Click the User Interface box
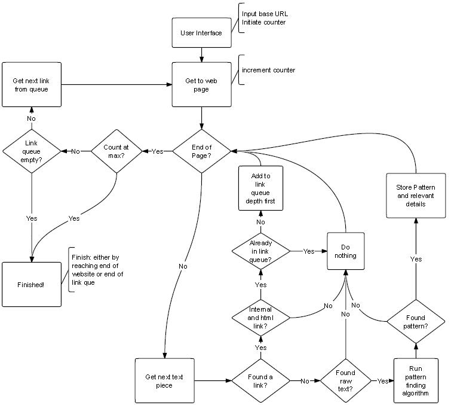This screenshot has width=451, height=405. point(201,32)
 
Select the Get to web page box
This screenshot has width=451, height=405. point(201,86)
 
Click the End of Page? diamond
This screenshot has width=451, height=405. point(201,151)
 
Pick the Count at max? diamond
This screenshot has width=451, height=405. point(116,151)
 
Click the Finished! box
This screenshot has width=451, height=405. point(31,284)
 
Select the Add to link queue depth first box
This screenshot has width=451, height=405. point(260,188)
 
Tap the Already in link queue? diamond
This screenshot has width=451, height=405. point(260,252)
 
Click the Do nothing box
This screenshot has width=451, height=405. point(345,251)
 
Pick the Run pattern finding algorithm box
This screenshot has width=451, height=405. point(416,381)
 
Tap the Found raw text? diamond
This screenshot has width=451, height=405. point(345,380)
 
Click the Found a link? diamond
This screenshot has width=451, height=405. point(260,380)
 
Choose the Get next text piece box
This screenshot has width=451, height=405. point(164,380)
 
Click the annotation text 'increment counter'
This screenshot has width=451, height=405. point(268,71)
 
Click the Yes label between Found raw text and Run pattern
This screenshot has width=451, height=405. point(381,380)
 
